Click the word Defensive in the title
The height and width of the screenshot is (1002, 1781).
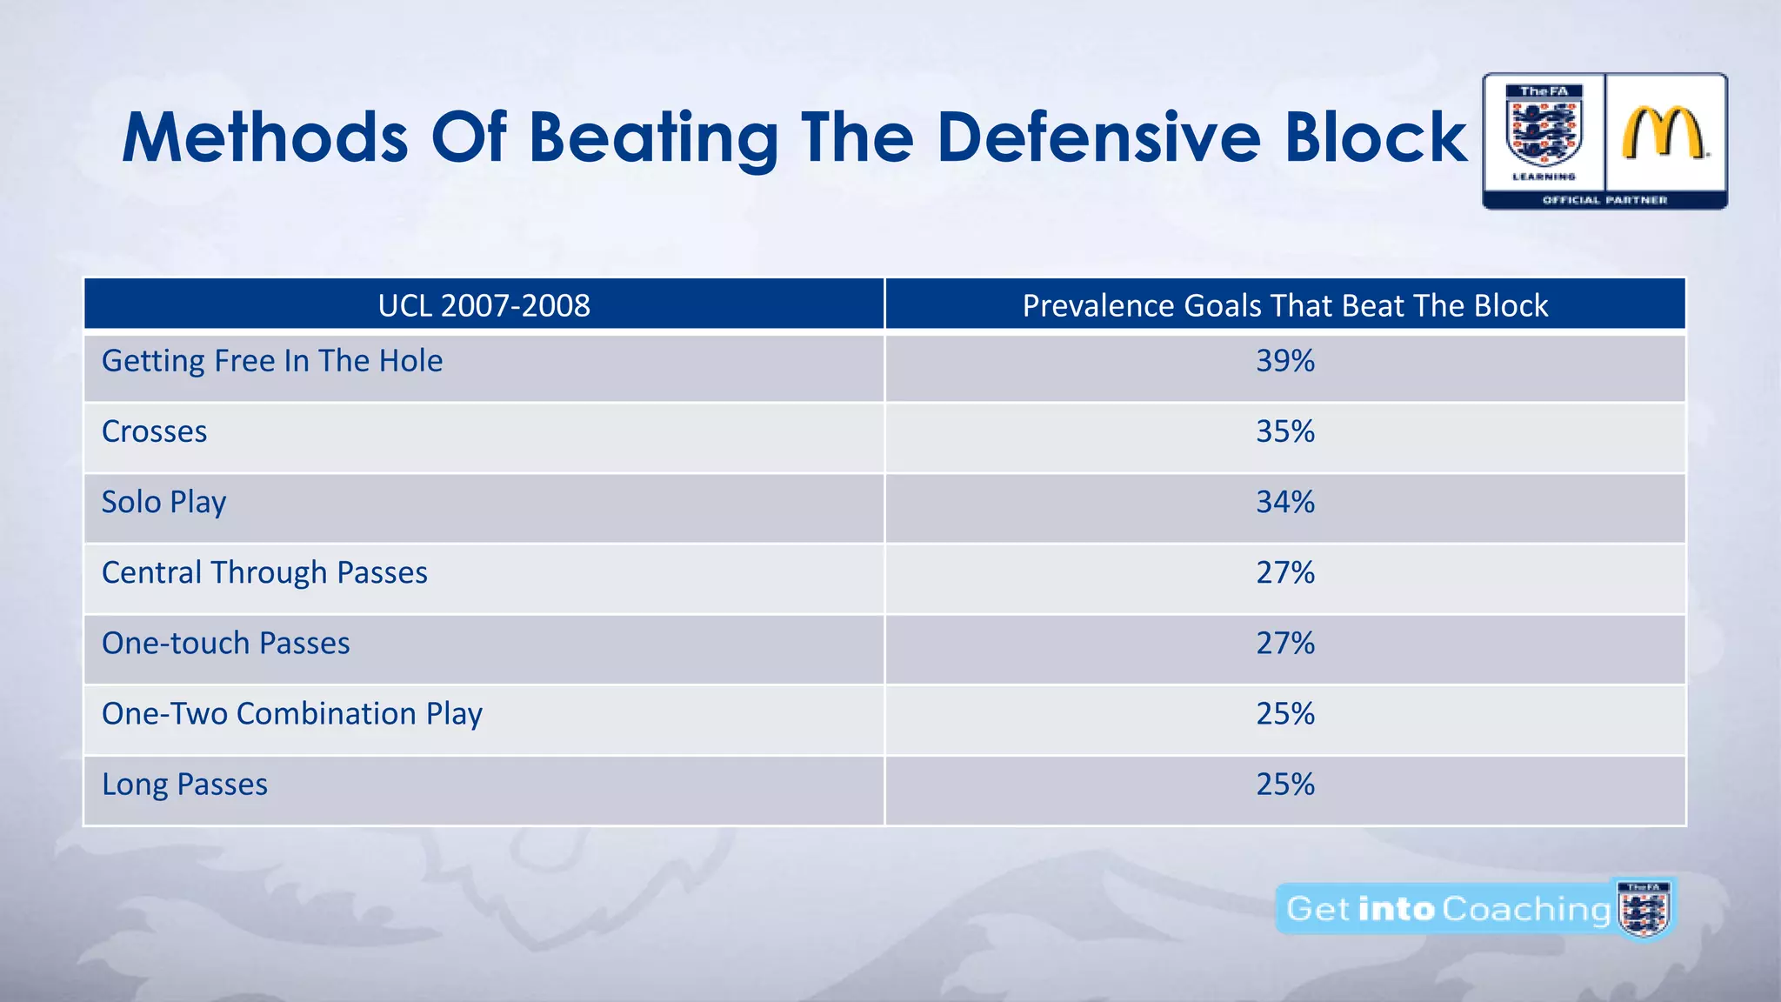(1097, 137)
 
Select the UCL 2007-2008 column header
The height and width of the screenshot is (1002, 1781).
(484, 305)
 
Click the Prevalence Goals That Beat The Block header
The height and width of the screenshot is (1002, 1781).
(1284, 305)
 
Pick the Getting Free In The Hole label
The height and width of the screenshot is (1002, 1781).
(271, 361)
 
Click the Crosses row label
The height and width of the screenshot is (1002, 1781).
(154, 431)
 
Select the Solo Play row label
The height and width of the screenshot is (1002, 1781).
(163, 502)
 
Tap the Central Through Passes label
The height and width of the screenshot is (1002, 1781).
(264, 572)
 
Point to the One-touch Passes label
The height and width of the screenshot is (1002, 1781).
(225, 643)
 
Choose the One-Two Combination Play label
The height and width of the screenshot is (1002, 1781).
(291, 713)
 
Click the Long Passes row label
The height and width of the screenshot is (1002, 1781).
(184, 784)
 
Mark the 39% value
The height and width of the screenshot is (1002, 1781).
(1284, 361)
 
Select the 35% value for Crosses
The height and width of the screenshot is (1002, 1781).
(1284, 431)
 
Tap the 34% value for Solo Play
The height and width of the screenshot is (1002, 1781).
(1284, 502)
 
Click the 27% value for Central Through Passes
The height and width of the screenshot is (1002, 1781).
(1284, 572)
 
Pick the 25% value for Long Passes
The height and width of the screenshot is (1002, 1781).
(1284, 784)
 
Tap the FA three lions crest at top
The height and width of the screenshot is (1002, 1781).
(1544, 130)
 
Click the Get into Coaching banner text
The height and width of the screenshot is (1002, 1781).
(1447, 909)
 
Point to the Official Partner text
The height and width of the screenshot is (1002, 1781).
(1604, 200)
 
